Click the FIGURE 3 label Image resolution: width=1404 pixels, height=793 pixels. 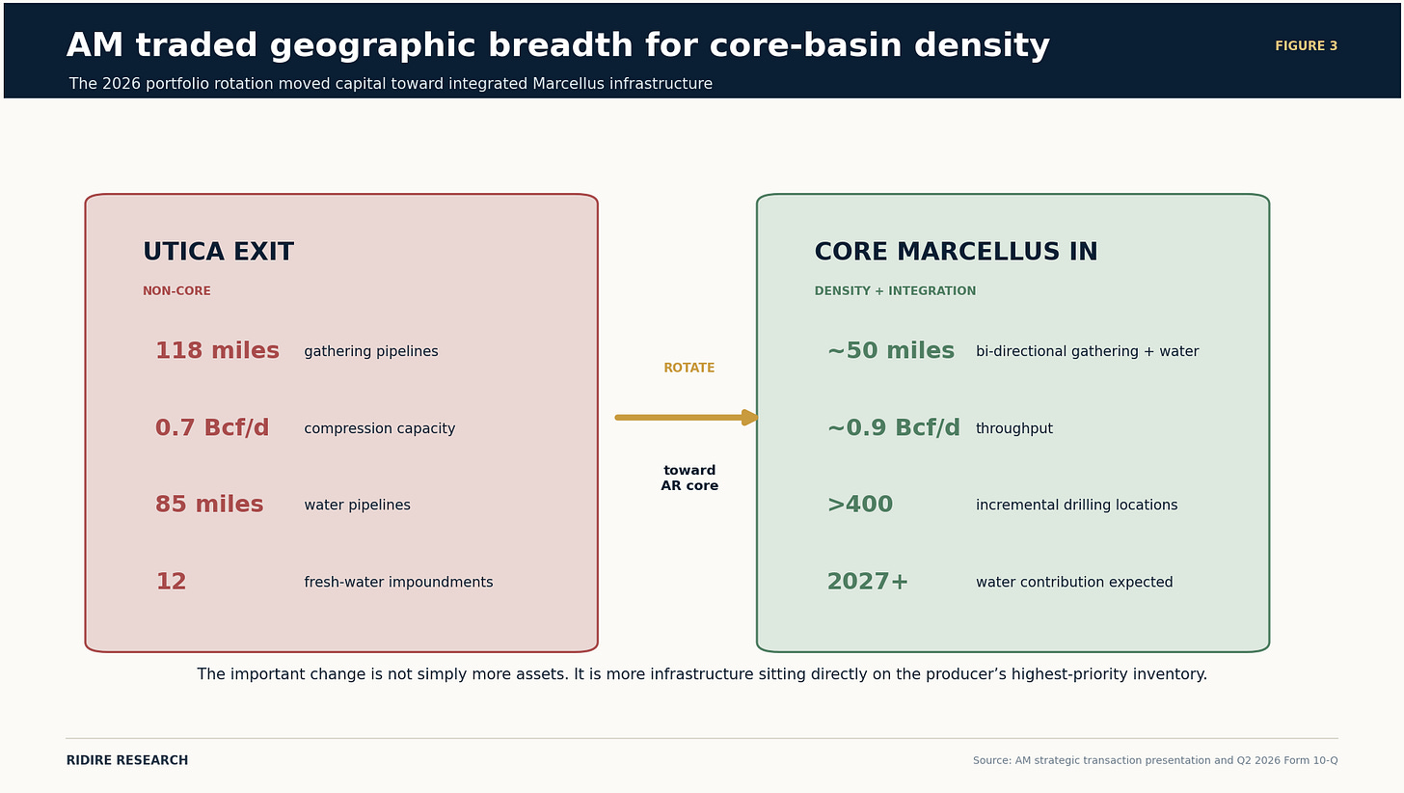pyautogui.click(x=1307, y=46)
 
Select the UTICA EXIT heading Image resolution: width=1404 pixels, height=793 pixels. pyautogui.click(x=218, y=252)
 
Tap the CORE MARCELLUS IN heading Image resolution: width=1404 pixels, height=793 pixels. pyautogui.click(x=956, y=252)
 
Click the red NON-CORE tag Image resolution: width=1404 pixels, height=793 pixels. pyautogui.click(x=176, y=291)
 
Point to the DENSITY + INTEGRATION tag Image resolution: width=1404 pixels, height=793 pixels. pyautogui.click(x=895, y=291)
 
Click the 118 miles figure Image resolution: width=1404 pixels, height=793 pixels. pyautogui.click(x=218, y=350)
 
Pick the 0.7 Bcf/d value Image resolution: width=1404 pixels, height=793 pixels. pyautogui.click(x=212, y=427)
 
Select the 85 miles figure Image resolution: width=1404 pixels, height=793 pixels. pyautogui.click(x=209, y=504)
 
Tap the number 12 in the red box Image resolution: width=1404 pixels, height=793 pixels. pyautogui.click(x=171, y=581)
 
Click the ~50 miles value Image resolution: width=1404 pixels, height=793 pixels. pyautogui.click(x=891, y=350)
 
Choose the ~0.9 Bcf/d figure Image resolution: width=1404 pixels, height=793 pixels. pyautogui.click(x=894, y=427)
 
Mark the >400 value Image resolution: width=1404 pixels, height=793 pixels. pyautogui.click(x=860, y=504)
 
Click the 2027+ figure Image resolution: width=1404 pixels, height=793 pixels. pyautogui.click(x=868, y=581)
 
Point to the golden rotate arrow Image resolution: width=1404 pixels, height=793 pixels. pyautogui.click(x=687, y=418)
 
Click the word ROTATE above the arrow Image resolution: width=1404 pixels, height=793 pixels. pyautogui.click(x=689, y=368)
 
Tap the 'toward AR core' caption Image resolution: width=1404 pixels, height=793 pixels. pyautogui.click(x=689, y=479)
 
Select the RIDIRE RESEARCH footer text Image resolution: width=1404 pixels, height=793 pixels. pyautogui.click(x=127, y=760)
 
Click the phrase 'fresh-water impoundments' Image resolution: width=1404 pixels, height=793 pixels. pyautogui.click(x=398, y=583)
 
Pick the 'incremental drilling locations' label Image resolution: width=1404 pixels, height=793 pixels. pyautogui.click(x=1077, y=506)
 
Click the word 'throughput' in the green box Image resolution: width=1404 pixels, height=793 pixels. pyautogui.click(x=1014, y=428)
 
